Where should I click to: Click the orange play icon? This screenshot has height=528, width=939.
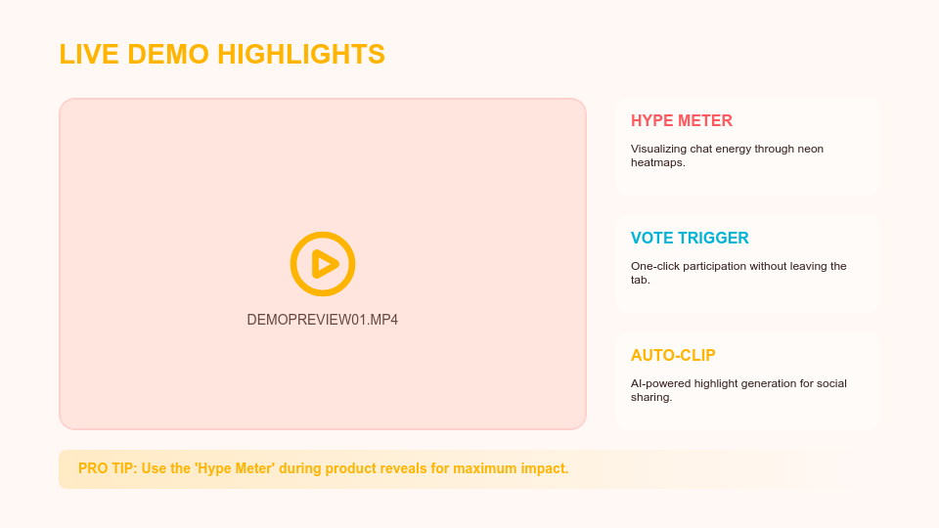pyautogui.click(x=323, y=264)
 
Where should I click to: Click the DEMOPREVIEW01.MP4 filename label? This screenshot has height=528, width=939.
pyautogui.click(x=323, y=320)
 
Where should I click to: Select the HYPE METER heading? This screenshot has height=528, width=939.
pyautogui.click(x=682, y=121)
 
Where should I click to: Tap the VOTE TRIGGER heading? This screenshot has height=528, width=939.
pyautogui.click(x=690, y=239)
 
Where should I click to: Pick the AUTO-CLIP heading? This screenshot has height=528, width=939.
pyautogui.click(x=673, y=356)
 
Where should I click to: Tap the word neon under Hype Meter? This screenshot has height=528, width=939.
pyautogui.click(x=810, y=149)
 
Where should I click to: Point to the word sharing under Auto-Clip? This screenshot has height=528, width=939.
pyautogui.click(x=650, y=397)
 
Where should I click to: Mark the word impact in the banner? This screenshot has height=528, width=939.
pyautogui.click(x=545, y=468)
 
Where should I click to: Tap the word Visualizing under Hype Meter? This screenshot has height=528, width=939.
pyautogui.click(x=661, y=149)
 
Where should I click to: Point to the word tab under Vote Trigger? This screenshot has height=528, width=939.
pyautogui.click(x=640, y=280)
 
